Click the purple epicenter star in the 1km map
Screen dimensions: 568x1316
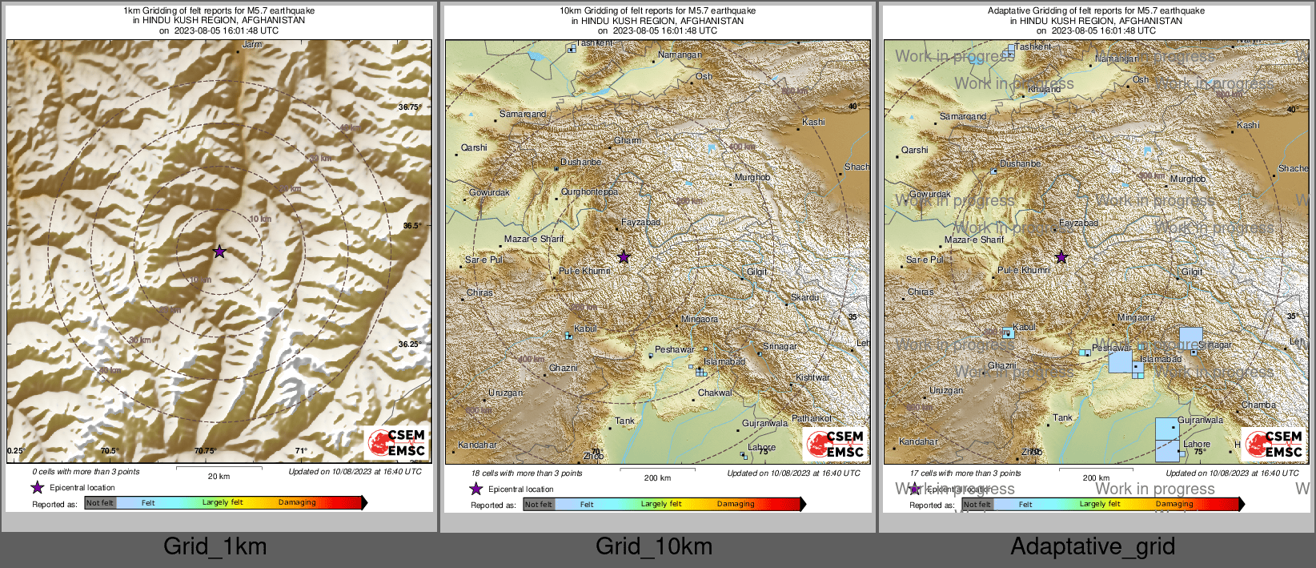(219, 252)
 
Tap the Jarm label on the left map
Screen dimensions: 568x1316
(252, 45)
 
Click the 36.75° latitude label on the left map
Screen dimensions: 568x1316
(409, 107)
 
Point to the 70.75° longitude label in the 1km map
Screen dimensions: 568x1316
(205, 451)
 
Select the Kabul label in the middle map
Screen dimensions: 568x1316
(585, 328)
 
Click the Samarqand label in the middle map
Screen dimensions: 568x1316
(523, 114)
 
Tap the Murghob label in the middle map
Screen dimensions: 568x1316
(752, 177)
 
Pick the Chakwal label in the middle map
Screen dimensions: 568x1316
(715, 393)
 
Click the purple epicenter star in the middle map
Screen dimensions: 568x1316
(624, 257)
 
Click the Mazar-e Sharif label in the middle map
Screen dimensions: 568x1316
(534, 239)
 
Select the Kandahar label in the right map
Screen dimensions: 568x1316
(918, 441)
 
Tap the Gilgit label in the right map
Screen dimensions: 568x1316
(1192, 272)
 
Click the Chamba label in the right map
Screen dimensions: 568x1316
(1259, 405)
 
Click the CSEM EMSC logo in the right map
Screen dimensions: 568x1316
(1274, 444)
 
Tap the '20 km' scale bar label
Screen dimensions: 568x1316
(219, 476)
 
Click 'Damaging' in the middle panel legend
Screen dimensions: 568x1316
(736, 504)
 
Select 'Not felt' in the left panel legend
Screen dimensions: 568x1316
(100, 503)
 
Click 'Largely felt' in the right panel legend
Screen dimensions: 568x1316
(1100, 504)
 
